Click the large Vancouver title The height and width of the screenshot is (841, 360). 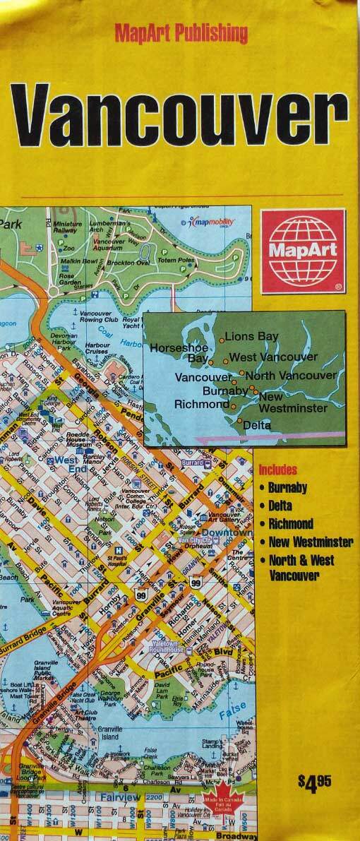[x=181, y=114]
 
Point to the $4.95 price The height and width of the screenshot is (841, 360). [x=314, y=782]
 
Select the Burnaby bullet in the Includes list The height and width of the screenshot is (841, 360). [x=287, y=487]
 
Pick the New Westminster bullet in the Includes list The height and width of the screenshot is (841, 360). [x=310, y=542]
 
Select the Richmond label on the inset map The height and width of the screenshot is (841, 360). [x=200, y=405]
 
